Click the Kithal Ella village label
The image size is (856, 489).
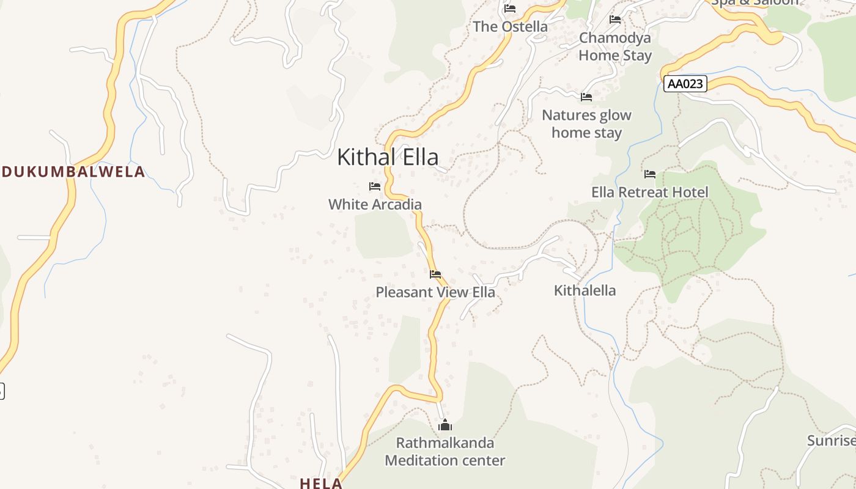pyautogui.click(x=388, y=157)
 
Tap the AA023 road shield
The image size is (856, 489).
pyautogui.click(x=685, y=84)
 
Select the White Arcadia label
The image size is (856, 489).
pyautogui.click(x=375, y=204)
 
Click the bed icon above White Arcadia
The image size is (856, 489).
pyautogui.click(x=375, y=186)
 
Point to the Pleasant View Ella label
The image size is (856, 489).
pyautogui.click(x=435, y=292)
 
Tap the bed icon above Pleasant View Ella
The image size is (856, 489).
pyautogui.click(x=435, y=274)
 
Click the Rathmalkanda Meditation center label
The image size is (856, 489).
pyautogui.click(x=445, y=451)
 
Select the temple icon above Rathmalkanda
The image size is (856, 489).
pyautogui.click(x=445, y=425)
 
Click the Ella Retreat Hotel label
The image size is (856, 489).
pyautogui.click(x=649, y=192)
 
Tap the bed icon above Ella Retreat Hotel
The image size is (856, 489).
pyautogui.click(x=649, y=174)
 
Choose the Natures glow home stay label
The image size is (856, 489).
pyautogui.click(x=586, y=123)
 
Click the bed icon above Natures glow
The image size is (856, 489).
pyautogui.click(x=586, y=97)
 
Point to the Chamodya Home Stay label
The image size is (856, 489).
pyautogui.click(x=615, y=46)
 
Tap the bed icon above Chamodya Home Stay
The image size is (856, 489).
pyautogui.click(x=615, y=20)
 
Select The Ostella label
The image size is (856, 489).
pyautogui.click(x=510, y=26)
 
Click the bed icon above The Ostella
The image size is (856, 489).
pyautogui.click(x=510, y=9)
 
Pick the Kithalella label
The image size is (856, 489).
pyautogui.click(x=585, y=290)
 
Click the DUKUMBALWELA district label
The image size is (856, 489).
pyautogui.click(x=73, y=172)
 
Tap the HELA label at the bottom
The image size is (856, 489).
pyautogui.click(x=321, y=483)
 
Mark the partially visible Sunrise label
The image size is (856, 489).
pyautogui.click(x=831, y=441)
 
